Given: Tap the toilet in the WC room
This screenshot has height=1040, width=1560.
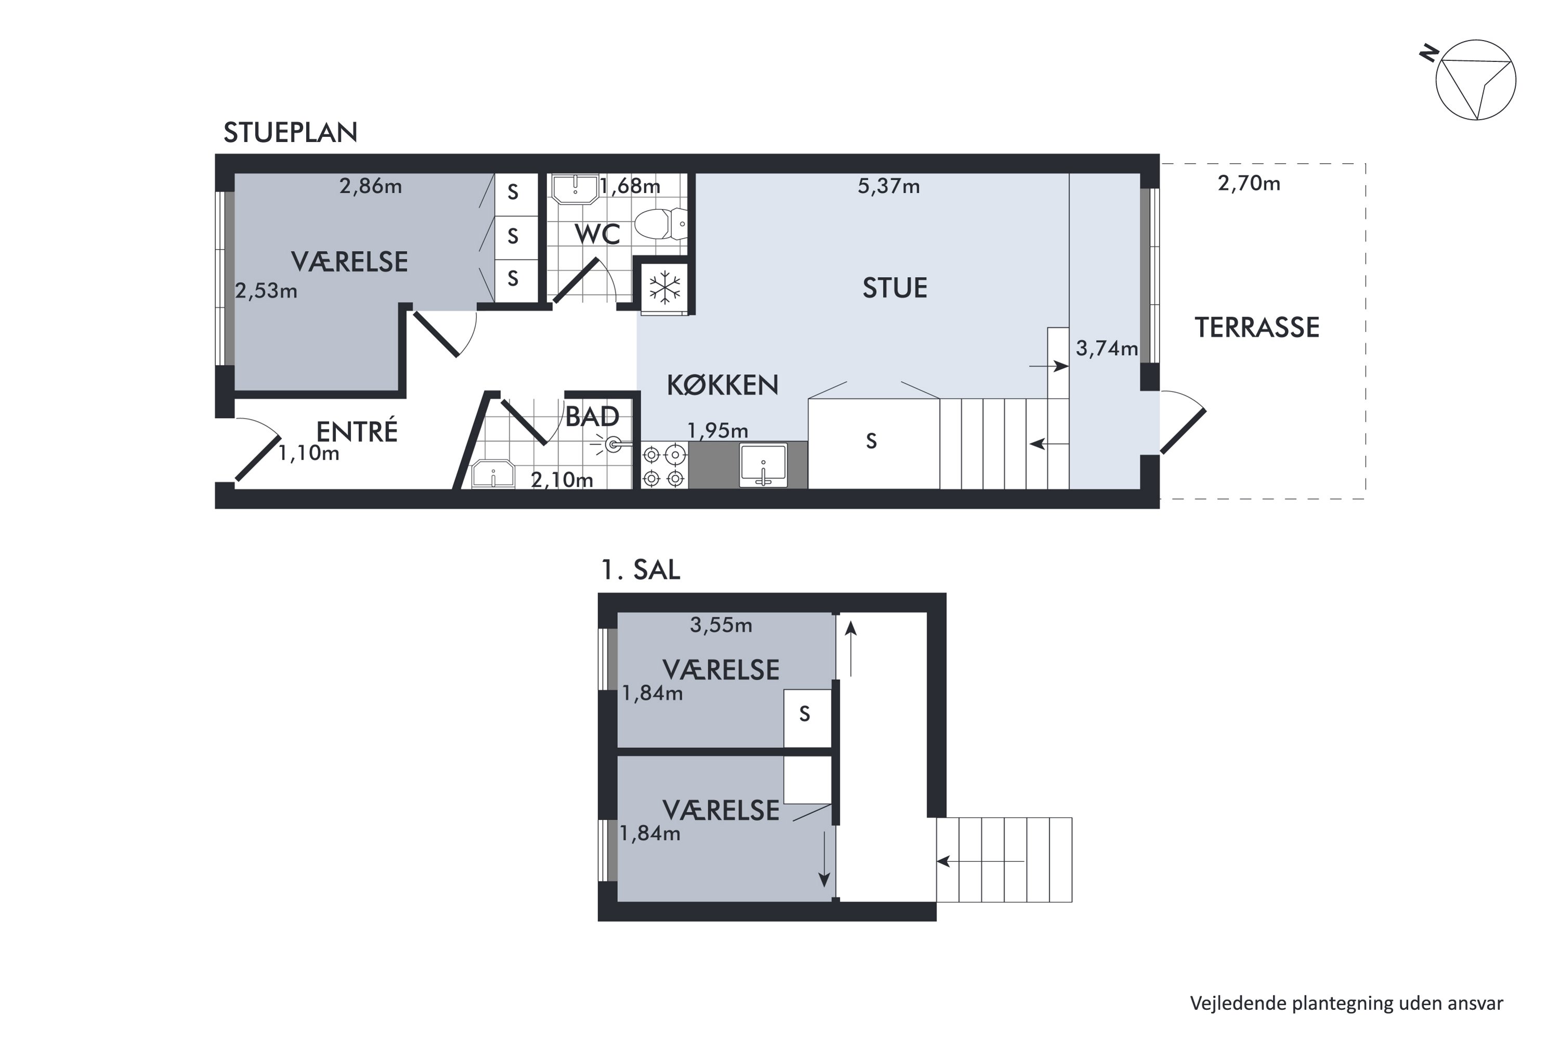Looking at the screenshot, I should [x=660, y=224].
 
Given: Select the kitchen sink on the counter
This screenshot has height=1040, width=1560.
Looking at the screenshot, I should [x=763, y=464].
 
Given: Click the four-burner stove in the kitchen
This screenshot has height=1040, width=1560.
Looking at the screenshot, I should [x=664, y=465].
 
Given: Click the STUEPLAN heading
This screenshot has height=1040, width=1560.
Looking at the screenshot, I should [x=291, y=133].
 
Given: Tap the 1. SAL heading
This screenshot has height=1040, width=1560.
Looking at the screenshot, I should [x=640, y=570].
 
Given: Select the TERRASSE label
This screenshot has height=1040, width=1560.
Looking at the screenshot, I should [x=1257, y=328].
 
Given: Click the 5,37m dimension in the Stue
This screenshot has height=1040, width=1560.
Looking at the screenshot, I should [x=888, y=186].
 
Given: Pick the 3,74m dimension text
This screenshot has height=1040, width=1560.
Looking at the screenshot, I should [x=1107, y=348].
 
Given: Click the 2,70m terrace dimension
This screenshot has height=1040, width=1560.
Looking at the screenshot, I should [x=1249, y=183].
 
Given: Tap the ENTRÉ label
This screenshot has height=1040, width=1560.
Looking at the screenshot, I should [x=357, y=432].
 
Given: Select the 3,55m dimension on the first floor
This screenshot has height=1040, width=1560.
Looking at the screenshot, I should [x=721, y=625].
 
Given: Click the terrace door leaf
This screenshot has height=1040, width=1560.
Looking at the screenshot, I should [x=1184, y=431].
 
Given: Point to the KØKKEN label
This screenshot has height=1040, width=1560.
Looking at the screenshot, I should [x=722, y=385].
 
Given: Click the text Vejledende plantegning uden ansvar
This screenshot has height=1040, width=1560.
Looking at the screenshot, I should [x=1346, y=1004].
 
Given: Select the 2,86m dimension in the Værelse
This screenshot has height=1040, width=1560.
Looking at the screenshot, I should [x=370, y=186].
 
